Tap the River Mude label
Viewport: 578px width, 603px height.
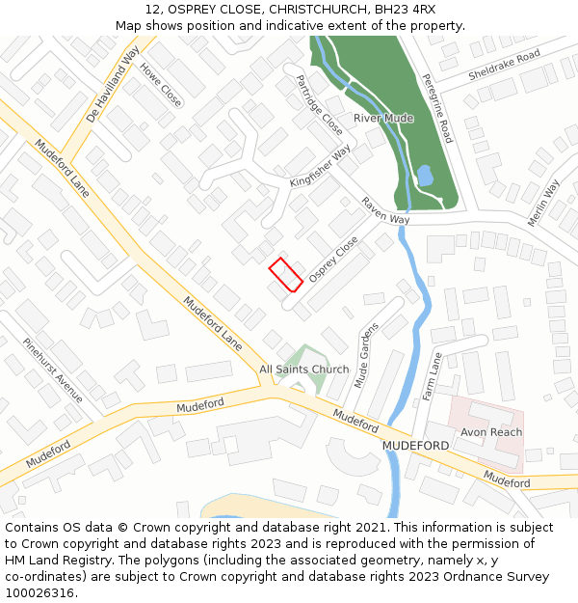click(x=382, y=118)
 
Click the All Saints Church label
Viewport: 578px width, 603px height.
click(x=304, y=370)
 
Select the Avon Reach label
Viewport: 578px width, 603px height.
click(x=491, y=432)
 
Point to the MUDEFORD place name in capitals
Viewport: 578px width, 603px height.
click(x=415, y=446)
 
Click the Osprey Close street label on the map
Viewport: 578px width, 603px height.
click(x=333, y=260)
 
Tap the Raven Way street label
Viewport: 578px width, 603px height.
click(x=385, y=211)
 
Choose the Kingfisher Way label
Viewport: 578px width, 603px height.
click(x=321, y=168)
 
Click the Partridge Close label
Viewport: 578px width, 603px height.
click(x=319, y=104)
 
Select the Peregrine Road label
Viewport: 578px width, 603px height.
click(x=436, y=109)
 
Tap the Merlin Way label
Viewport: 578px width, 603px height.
click(x=544, y=203)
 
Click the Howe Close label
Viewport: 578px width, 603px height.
click(x=161, y=84)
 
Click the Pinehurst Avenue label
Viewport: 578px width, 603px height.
click(x=53, y=370)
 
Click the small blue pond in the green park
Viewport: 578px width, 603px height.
click(x=424, y=176)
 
